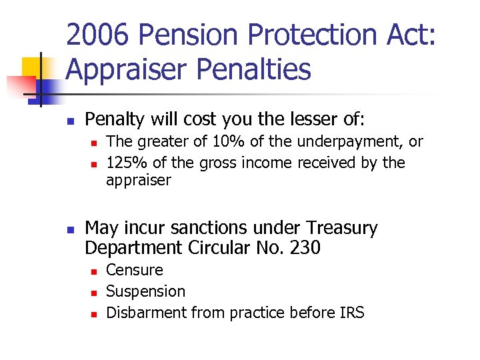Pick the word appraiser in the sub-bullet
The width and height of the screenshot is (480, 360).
(139, 181)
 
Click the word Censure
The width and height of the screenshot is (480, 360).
(135, 270)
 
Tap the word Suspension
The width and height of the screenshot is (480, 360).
(146, 291)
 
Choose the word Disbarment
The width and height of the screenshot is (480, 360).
(147, 312)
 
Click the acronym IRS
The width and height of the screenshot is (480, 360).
(349, 312)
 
